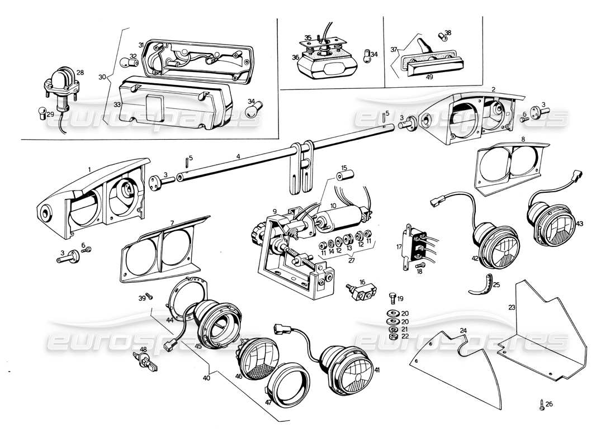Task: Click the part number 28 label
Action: (x=80, y=73)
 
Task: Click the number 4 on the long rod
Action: (x=238, y=157)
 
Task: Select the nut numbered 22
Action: (x=392, y=336)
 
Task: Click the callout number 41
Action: (x=377, y=370)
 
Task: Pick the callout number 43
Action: (x=579, y=223)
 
